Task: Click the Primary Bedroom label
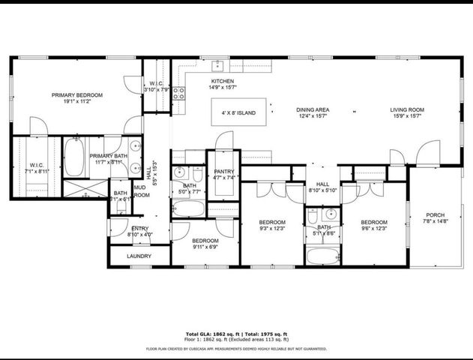[x=77, y=95]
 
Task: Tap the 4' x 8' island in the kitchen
[x=238, y=113]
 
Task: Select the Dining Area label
[x=314, y=109]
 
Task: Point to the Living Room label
[x=407, y=109]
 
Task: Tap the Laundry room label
[x=139, y=256]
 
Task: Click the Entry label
[x=140, y=229]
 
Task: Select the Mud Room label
[x=141, y=190]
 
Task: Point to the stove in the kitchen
[x=179, y=93]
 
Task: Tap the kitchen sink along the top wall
[x=218, y=65]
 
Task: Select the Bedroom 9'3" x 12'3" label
[x=272, y=222]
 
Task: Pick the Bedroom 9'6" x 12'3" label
[x=373, y=222]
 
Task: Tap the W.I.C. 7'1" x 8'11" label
[x=37, y=165]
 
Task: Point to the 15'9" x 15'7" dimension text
[x=407, y=116]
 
